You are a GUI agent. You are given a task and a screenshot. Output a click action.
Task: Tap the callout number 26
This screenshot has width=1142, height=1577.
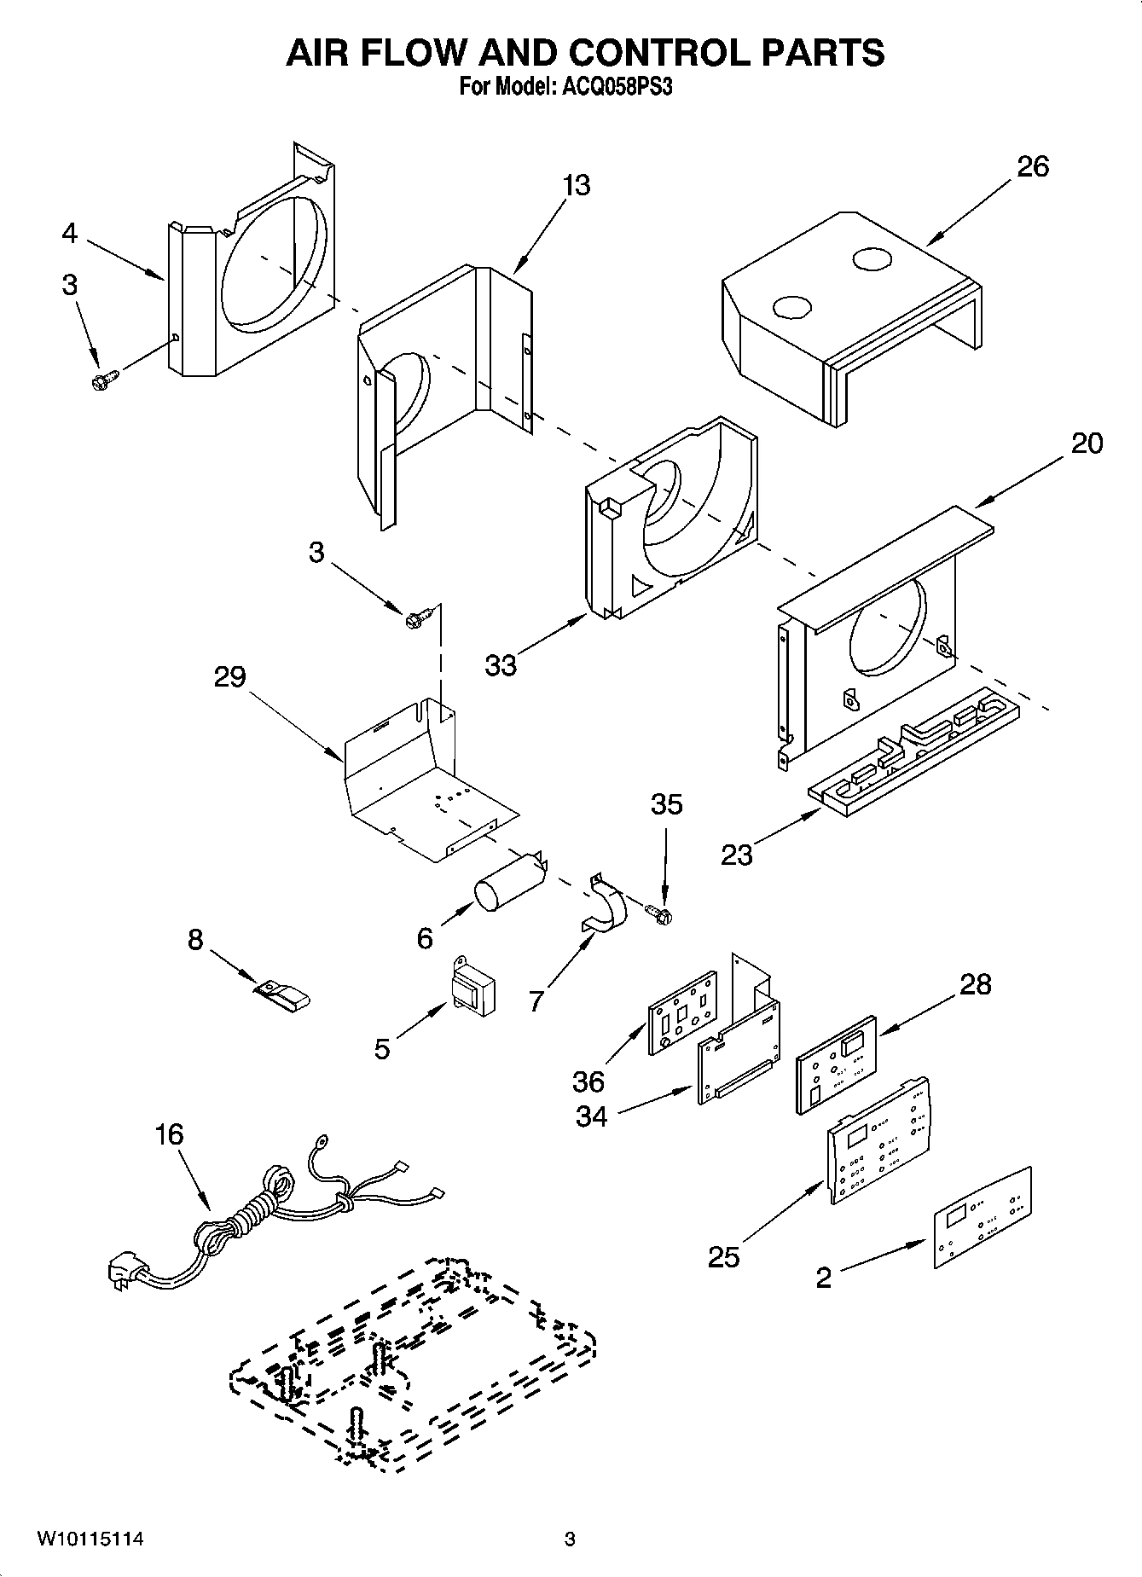[x=1032, y=166]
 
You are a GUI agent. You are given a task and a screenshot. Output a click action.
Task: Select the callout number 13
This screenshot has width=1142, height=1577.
[x=577, y=185]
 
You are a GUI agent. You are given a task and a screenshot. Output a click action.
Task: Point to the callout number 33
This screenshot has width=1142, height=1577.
[x=501, y=665]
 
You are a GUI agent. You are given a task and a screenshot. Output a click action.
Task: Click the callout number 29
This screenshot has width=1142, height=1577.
[x=230, y=677]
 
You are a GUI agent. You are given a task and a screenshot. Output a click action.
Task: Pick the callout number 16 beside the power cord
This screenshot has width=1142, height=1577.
[x=169, y=1134]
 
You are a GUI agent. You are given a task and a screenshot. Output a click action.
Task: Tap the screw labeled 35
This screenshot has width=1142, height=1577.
[x=658, y=914]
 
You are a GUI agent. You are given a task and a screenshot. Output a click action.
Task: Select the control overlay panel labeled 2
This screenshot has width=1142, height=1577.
[x=981, y=1217]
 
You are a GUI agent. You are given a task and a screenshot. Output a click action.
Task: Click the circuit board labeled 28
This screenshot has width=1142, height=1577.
[x=836, y=1064]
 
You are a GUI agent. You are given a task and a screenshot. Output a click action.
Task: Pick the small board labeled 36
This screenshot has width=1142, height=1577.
[x=682, y=1012]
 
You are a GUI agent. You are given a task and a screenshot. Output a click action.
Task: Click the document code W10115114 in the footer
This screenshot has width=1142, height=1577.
[x=90, y=1539]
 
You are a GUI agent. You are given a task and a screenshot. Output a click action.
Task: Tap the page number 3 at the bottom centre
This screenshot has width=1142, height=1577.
[x=570, y=1539]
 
